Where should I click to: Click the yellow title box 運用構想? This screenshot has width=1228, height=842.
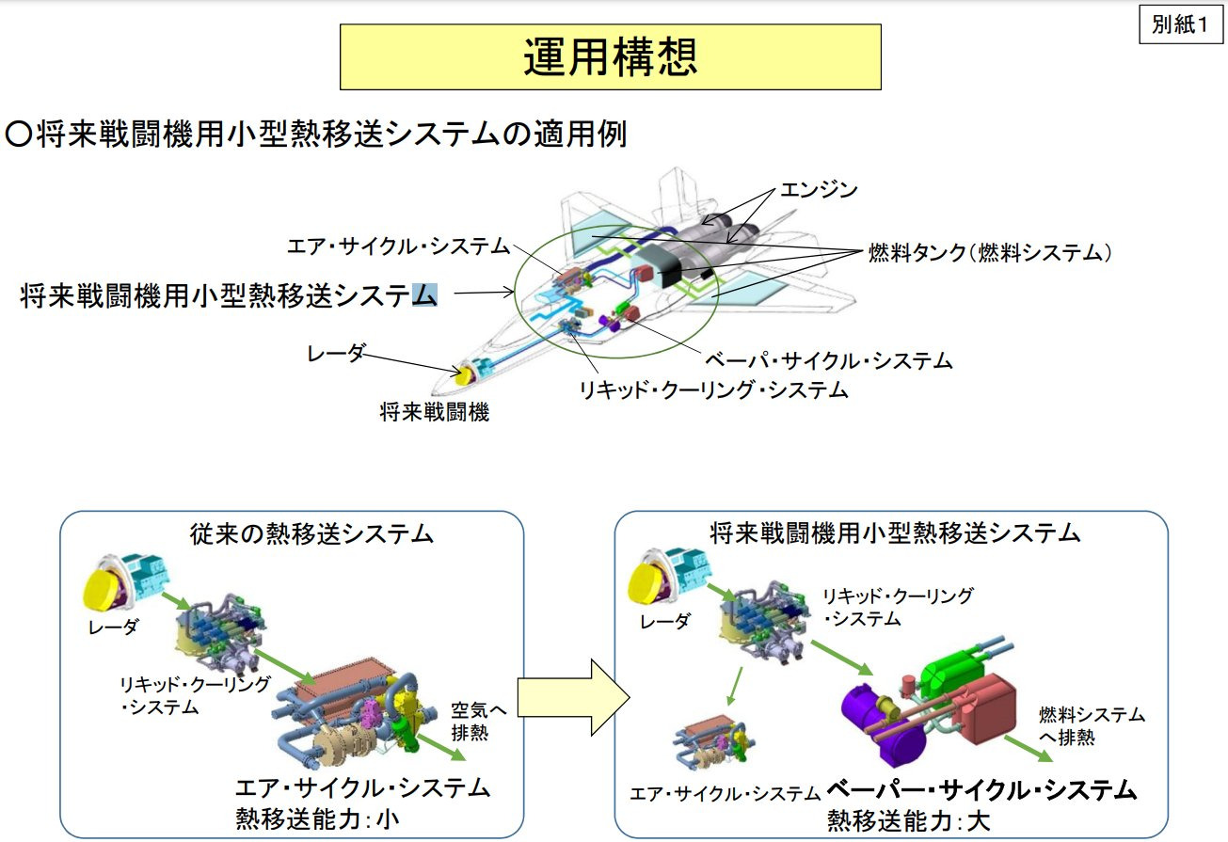610,57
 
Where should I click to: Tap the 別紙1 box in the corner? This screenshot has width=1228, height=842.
1179,25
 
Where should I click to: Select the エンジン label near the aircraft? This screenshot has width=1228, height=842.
819,190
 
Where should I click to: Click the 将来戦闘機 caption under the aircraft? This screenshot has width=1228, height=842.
435,412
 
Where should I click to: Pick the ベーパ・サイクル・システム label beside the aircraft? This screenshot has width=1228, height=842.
829,360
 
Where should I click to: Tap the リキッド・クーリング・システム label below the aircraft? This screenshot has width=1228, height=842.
715,389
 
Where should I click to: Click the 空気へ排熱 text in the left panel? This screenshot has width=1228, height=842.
479,720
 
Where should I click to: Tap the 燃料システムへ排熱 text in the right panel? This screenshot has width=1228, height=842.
1092,725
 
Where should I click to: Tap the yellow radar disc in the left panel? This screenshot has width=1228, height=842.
103,588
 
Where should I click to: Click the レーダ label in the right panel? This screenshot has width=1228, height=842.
664,621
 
